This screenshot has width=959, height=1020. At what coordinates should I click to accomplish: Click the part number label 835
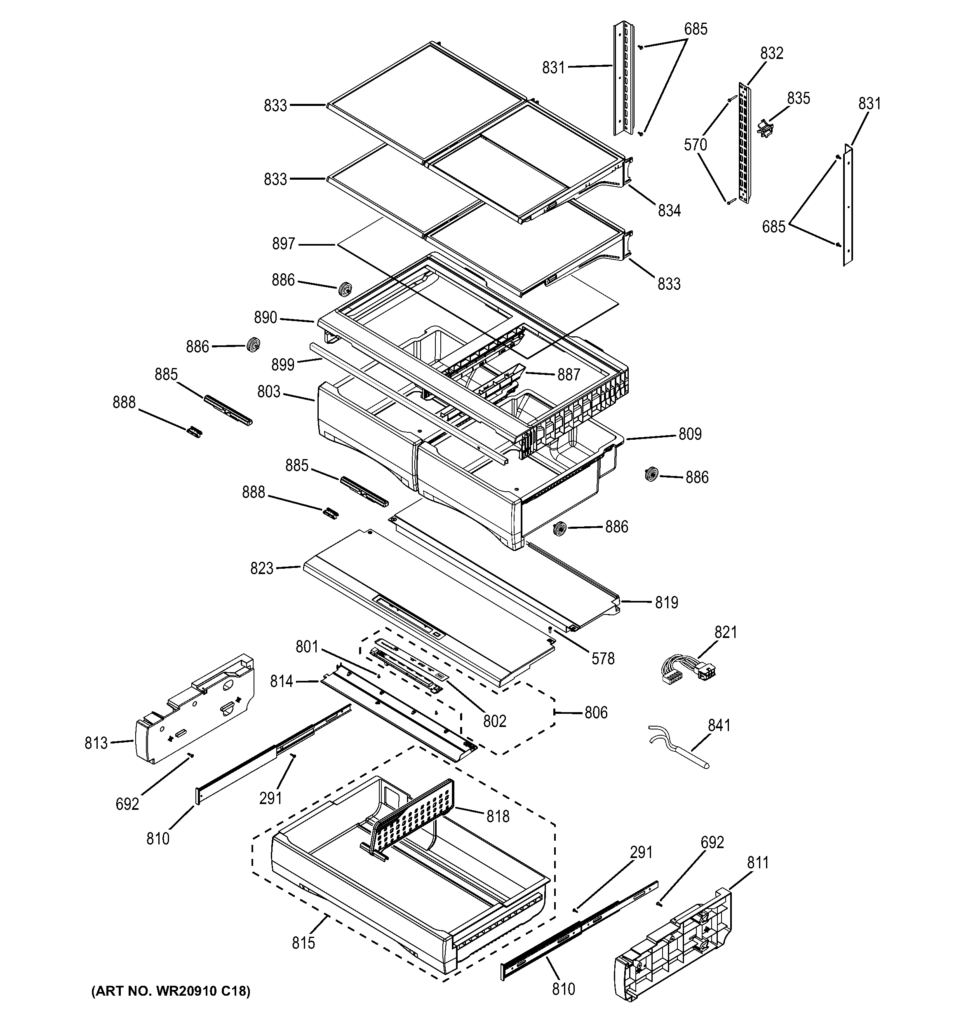coord(798,98)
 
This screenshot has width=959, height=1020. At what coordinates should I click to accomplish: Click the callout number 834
coord(669,210)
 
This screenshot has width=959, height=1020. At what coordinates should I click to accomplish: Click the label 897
coord(283,244)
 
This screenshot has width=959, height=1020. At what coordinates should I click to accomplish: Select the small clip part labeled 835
coord(765,128)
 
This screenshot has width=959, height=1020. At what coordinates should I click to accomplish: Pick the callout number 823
coord(262,568)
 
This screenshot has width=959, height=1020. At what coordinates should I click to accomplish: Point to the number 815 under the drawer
coord(303,943)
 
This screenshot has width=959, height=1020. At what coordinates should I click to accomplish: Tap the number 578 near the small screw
coord(603,658)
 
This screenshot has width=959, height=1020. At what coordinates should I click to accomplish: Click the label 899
coord(283,365)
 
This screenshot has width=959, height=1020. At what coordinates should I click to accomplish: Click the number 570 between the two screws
coord(695,145)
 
